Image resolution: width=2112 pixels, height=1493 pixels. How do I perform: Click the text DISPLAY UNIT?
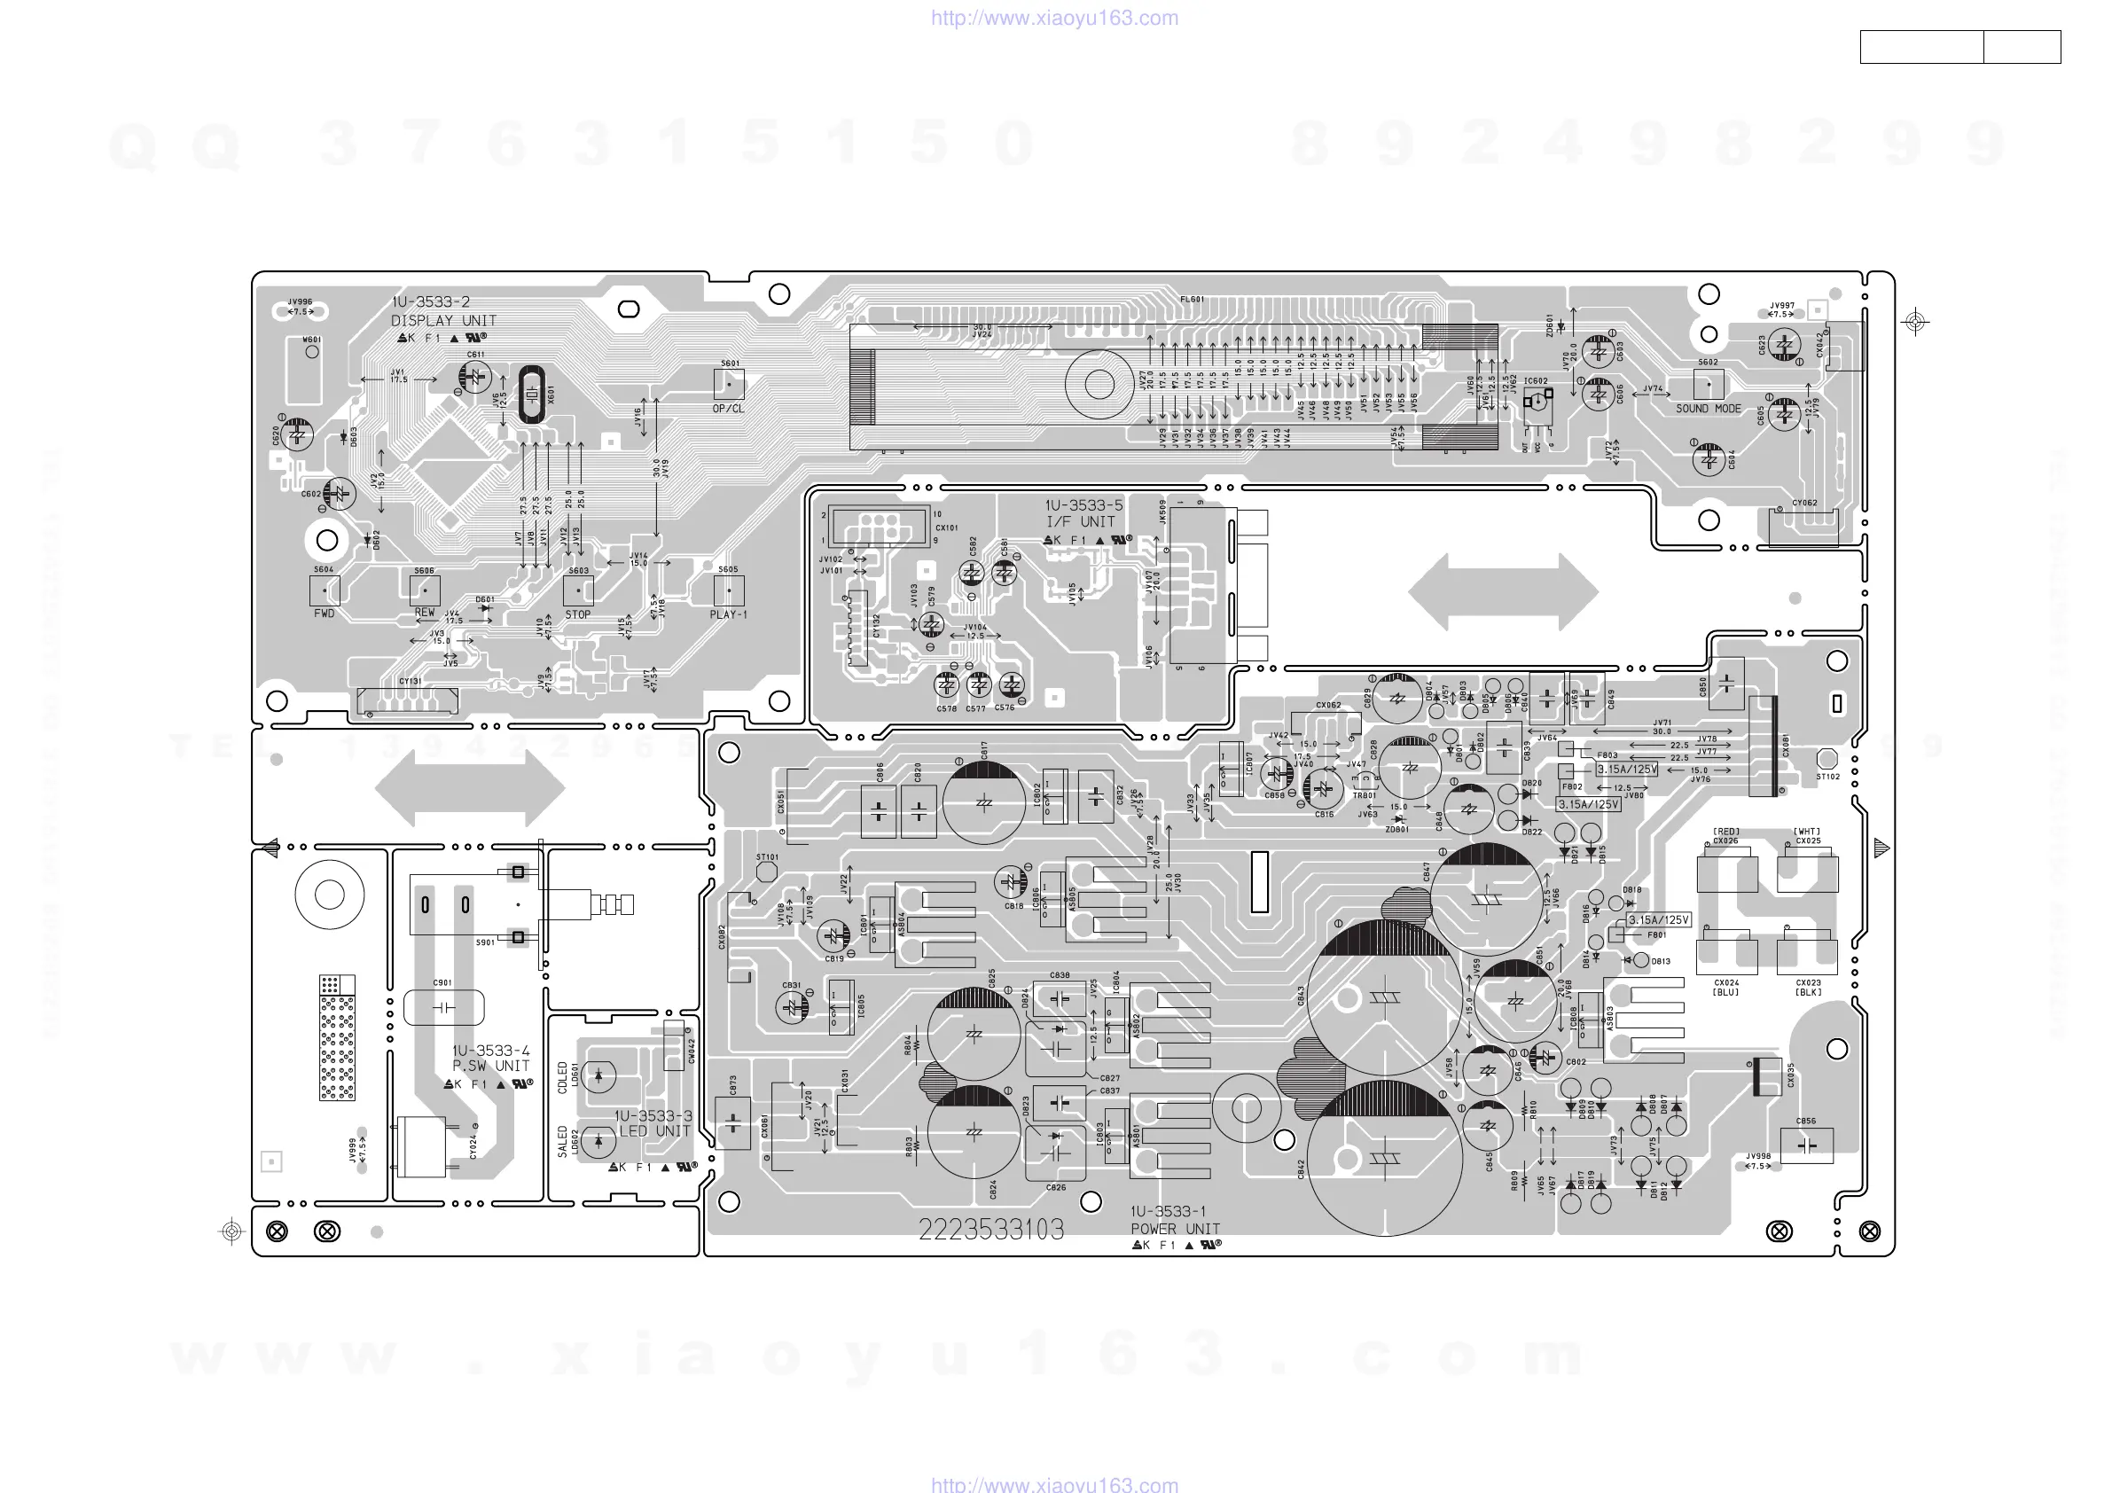pos(443,321)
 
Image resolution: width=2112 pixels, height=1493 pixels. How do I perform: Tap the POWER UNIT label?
pos(1175,1229)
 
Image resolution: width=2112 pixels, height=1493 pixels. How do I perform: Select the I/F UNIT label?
pos(1081,521)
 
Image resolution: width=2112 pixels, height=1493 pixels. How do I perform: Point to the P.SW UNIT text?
pos(491,1067)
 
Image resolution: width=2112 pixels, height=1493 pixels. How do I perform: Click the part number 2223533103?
pos(990,1229)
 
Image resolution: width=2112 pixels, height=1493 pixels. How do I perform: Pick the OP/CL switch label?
pos(728,409)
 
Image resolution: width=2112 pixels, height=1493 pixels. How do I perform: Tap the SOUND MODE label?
pos(1709,409)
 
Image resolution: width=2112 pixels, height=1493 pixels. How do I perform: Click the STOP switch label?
pos(578,614)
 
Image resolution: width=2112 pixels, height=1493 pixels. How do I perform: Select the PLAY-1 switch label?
pos(728,614)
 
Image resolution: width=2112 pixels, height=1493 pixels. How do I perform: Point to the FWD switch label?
pos(324,614)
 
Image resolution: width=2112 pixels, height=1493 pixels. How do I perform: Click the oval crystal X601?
pos(532,395)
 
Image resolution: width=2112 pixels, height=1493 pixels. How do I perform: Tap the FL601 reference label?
pos(1193,299)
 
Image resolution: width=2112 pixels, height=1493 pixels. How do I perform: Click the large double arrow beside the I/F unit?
pos(1503,591)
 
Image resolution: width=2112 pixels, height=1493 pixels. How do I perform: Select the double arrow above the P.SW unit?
pos(470,787)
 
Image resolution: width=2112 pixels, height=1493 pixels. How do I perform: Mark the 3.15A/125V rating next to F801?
pos(1659,920)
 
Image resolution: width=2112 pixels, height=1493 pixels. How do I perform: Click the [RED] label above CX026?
pos(1725,832)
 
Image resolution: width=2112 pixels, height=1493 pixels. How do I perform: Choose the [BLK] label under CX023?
pos(1808,993)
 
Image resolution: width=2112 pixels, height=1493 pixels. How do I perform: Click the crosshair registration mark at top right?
pos(1915,322)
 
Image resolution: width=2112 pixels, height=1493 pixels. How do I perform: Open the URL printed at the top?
pos(1054,18)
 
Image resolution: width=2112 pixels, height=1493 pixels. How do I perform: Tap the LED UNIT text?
pos(654,1131)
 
